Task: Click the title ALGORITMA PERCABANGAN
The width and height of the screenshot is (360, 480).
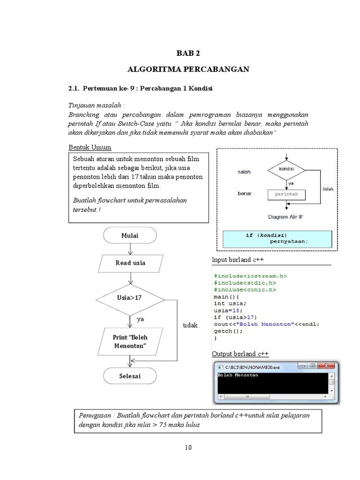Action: [188, 69]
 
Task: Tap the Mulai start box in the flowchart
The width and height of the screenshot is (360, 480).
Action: [130, 236]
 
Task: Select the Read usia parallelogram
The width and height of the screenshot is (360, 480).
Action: [130, 263]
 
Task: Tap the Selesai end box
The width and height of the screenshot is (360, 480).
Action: [130, 376]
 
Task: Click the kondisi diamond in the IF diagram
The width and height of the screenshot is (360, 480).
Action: [286, 169]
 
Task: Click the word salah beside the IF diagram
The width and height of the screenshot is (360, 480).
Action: [244, 172]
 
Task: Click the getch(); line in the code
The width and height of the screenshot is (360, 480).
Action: [229, 331]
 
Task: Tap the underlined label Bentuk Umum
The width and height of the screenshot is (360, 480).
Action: [90, 148]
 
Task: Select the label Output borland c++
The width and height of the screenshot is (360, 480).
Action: [240, 353]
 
